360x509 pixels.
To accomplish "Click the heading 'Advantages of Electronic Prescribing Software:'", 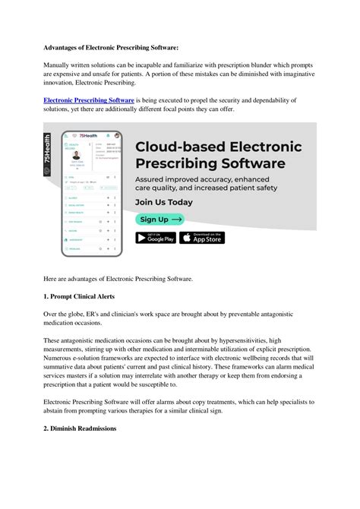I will [111, 47].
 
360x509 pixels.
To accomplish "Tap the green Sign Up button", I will [160, 219].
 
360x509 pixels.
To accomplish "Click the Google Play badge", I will [155, 238].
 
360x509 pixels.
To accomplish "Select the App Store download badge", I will [204, 238].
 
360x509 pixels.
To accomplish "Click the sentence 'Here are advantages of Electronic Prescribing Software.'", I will [118, 278].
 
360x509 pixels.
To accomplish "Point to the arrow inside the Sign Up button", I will [175, 219].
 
